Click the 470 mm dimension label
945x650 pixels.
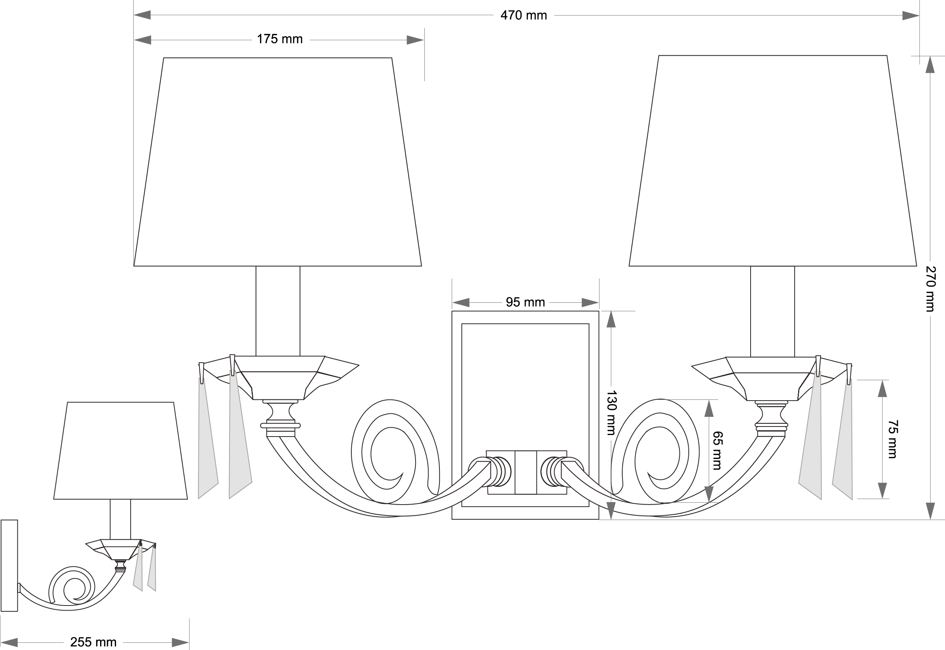[523, 15]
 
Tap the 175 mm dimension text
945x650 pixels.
[279, 39]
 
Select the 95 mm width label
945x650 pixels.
[525, 302]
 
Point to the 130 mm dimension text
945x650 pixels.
[612, 413]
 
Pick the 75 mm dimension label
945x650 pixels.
[892, 439]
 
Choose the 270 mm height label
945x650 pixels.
[931, 289]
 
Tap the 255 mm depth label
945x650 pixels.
[93, 642]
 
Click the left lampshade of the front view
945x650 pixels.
[278, 162]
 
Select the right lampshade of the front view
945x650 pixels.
[773, 161]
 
